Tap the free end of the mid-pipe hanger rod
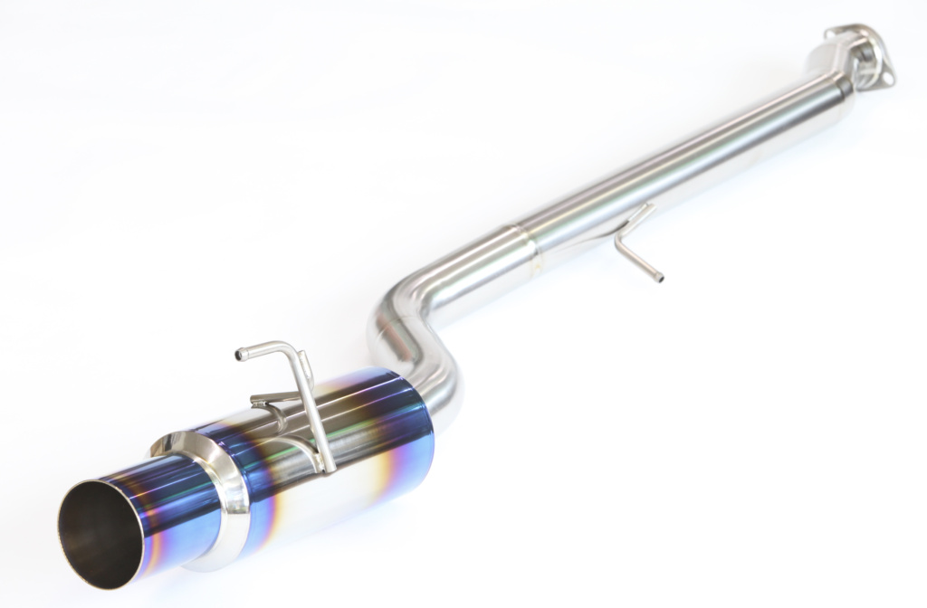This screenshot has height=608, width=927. click(658, 277)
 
